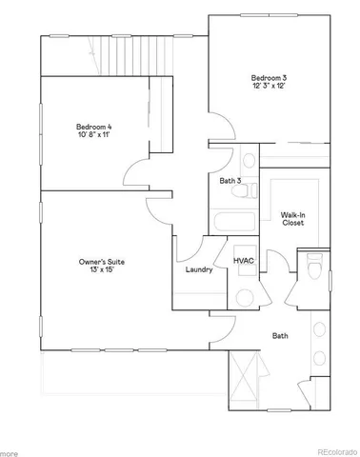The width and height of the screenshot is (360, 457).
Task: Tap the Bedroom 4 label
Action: [x=93, y=127]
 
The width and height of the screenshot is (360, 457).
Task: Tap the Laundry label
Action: [x=198, y=269]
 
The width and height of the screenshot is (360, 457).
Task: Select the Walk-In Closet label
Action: [x=292, y=219]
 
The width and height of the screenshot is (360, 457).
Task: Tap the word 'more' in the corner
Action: [x=9, y=451]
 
